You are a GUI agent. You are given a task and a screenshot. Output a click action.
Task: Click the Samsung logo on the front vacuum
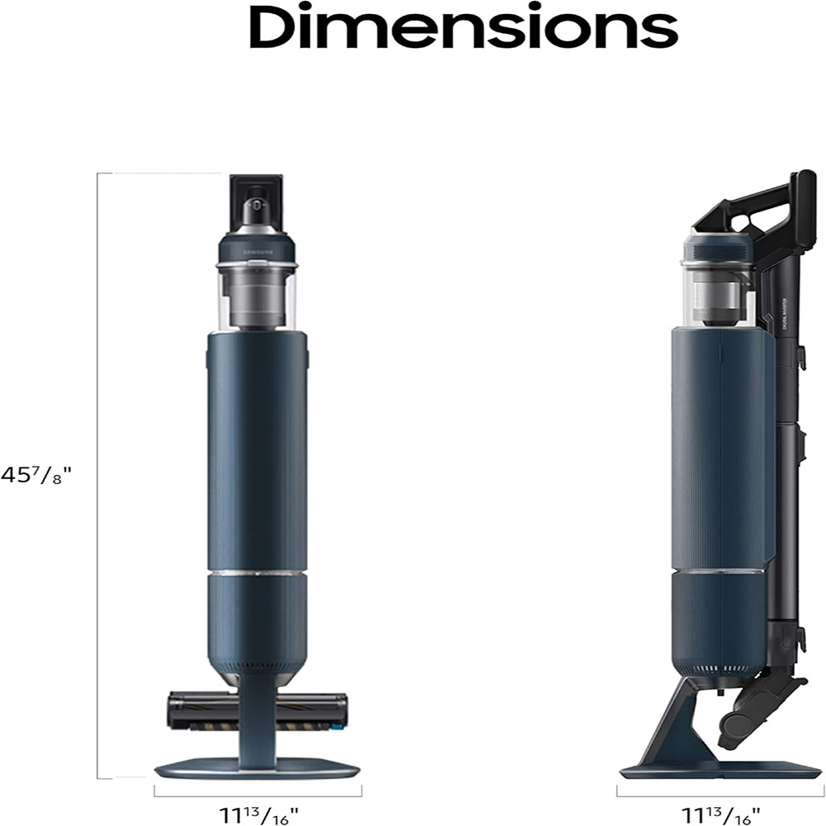[x=257, y=247]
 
